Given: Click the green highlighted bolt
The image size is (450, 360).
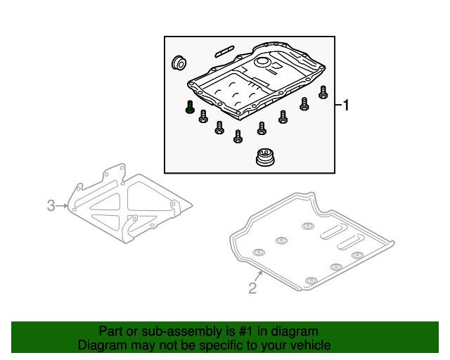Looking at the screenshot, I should point(189,108).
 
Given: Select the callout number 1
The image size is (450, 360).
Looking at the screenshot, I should point(346,105).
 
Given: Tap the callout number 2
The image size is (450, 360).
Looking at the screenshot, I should point(252,287).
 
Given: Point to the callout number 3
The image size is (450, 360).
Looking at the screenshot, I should point(51,205).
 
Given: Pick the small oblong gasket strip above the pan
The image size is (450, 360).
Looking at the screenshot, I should point(224,51).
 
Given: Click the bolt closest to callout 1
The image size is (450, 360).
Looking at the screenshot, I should point(323,92).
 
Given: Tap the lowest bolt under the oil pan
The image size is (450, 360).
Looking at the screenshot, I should point(238,136).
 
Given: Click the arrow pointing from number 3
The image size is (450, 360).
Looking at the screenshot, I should point(64,205).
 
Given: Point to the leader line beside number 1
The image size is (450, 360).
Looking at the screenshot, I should point(338,105).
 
